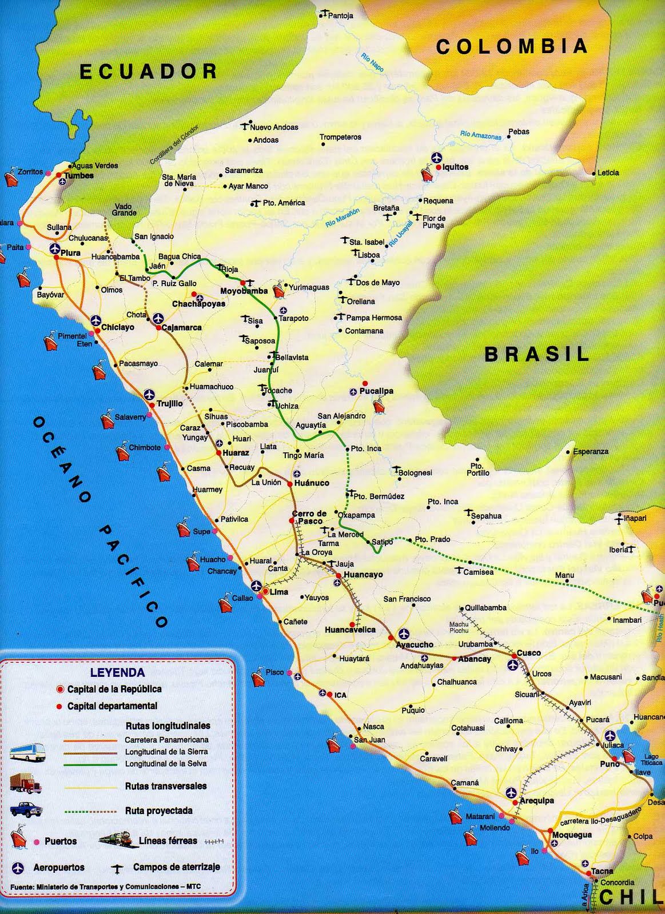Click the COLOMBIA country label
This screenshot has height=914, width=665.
pyautogui.click(x=512, y=46)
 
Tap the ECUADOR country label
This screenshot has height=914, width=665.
pyautogui.click(x=149, y=71)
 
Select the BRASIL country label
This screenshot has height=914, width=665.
pyautogui.click(x=537, y=354)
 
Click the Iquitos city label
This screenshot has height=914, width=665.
pyautogui.click(x=456, y=167)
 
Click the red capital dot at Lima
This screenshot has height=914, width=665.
pyautogui.click(x=265, y=592)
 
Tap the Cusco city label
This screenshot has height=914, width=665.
pyautogui.click(x=528, y=653)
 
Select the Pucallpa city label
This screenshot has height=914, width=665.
pyautogui.click(x=376, y=391)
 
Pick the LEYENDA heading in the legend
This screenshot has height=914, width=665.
pyautogui.click(x=117, y=672)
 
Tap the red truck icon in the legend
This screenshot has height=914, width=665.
pyautogui.click(x=26, y=784)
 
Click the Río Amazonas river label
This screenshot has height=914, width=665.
pyautogui.click(x=480, y=136)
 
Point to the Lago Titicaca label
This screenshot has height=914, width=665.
pyautogui.click(x=651, y=760)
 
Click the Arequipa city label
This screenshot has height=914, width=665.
pyautogui.click(x=536, y=801)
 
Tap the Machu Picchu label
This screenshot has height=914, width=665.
pyautogui.click(x=459, y=627)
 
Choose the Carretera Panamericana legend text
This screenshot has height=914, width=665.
pyautogui.click(x=166, y=740)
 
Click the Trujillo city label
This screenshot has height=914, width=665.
pyautogui.click(x=170, y=404)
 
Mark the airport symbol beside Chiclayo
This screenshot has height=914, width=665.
pyautogui.click(x=95, y=319)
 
